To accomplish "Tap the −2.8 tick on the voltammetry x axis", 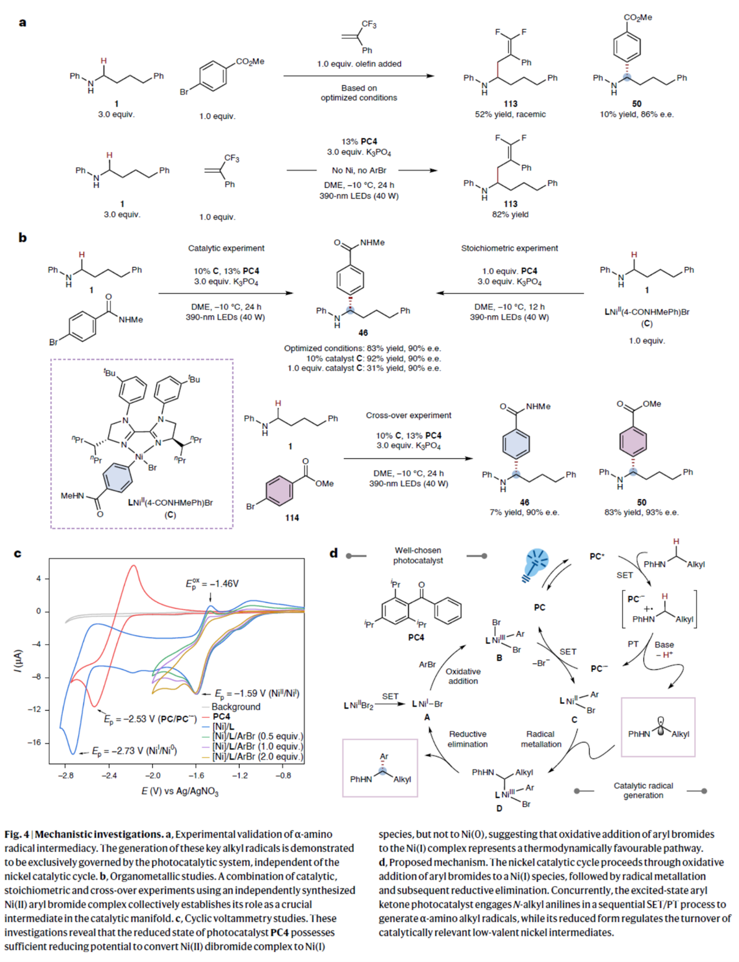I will [65, 775].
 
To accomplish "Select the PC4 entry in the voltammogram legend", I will [221, 716].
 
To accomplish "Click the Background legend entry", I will [235, 706].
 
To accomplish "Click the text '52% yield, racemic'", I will [510, 114].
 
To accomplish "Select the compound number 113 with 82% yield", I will [510, 204].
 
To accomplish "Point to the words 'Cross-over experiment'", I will [408, 415].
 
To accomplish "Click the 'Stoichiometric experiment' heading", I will [509, 248].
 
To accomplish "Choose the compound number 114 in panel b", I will [292, 518].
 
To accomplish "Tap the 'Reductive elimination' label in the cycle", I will [468, 739].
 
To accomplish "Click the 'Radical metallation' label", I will [540, 739].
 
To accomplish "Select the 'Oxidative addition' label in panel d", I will [463, 676].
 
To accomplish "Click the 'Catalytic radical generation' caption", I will [643, 790].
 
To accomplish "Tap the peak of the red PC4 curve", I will [134, 565].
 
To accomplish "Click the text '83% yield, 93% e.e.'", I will [641, 512].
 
